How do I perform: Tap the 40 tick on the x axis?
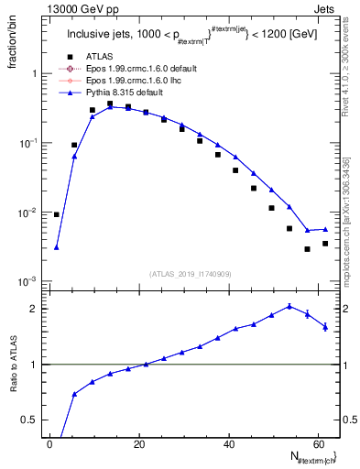(x=227, y=443)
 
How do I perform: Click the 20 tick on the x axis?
(x=138, y=443)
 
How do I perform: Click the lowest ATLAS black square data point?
(x=307, y=249)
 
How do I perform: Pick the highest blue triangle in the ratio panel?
(x=289, y=306)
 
